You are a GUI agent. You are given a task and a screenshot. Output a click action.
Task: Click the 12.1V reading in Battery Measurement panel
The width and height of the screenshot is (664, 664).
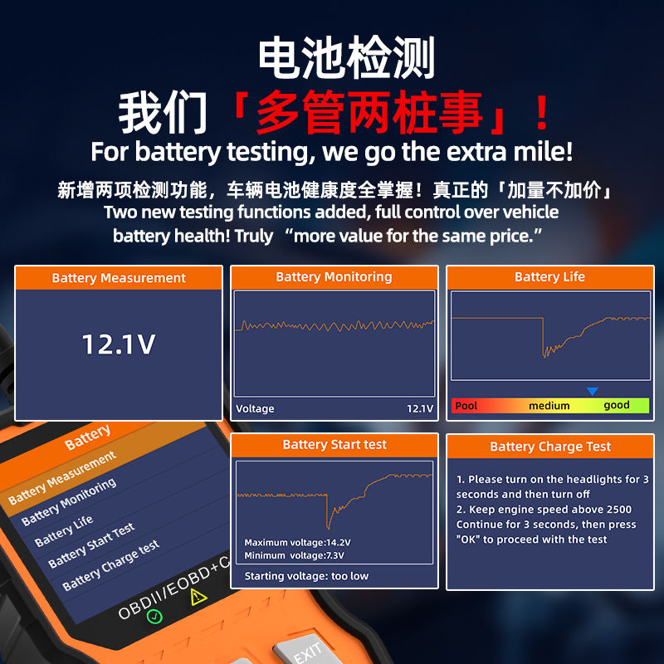(118, 344)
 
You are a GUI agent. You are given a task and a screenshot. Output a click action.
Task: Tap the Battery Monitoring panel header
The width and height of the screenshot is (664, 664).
(334, 277)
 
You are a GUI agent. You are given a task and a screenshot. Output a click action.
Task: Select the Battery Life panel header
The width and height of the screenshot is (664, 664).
(549, 277)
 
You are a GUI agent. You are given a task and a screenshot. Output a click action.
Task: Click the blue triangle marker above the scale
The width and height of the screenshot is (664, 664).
(592, 391)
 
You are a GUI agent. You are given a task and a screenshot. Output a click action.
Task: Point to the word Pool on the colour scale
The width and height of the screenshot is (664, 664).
(466, 406)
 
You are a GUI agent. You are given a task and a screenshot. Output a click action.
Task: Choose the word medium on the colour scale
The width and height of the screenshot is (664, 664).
(549, 406)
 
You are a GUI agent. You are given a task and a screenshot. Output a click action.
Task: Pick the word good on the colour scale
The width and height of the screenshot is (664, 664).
(616, 406)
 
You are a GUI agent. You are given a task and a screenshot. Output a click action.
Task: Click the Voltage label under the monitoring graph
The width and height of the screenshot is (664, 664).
(255, 408)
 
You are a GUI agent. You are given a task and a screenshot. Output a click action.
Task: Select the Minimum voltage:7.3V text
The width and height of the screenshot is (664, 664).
(295, 555)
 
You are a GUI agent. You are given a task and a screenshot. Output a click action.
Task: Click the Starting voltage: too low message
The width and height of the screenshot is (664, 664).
(306, 576)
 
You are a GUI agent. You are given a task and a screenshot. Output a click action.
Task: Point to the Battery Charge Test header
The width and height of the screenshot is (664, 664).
(549, 447)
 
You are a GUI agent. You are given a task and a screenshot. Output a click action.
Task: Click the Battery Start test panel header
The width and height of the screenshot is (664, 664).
(334, 445)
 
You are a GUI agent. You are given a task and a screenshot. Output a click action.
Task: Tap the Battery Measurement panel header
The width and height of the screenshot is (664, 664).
(119, 278)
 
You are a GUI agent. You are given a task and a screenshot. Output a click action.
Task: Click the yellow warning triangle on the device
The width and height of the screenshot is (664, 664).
(198, 597)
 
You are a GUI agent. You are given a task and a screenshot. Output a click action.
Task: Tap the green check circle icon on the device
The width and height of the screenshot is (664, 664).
(154, 616)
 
